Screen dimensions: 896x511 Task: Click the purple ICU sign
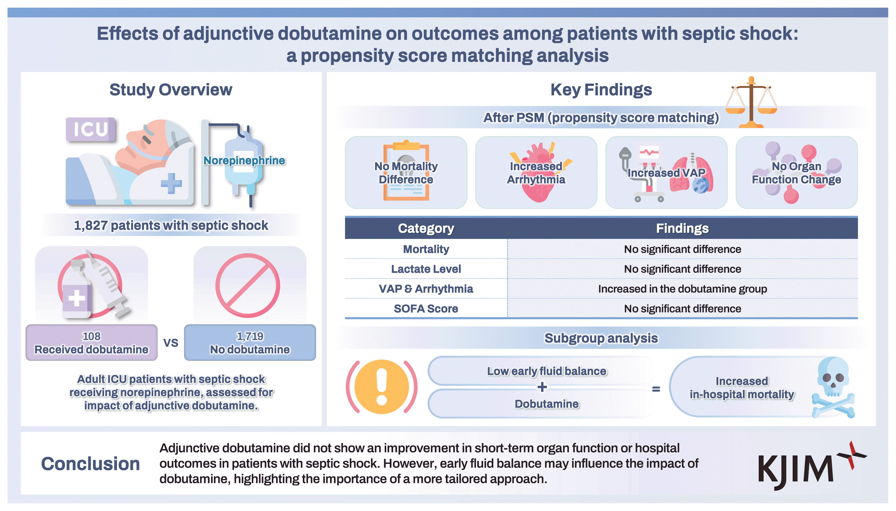coord(90,130)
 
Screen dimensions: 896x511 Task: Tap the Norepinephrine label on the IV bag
coord(244,160)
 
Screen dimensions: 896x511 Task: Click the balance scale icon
coord(751,102)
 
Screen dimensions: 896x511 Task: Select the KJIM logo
coord(812,466)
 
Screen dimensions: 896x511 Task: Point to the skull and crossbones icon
coord(834,388)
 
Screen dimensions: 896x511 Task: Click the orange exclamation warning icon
coord(382,387)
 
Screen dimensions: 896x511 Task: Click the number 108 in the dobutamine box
coord(92,336)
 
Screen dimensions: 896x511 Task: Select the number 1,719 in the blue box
coord(250,336)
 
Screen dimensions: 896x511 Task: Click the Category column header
coord(426,228)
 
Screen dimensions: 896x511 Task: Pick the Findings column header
coord(682,228)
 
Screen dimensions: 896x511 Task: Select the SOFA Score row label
coord(426,309)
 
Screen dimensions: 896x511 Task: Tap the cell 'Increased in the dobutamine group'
coord(682,289)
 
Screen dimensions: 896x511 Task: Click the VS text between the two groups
coord(171,343)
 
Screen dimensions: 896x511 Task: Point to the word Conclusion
coord(90,464)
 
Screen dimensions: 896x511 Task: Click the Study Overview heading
coord(171,89)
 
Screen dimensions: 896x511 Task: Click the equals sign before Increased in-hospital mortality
coord(656,389)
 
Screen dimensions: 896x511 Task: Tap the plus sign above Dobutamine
coord(542,387)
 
